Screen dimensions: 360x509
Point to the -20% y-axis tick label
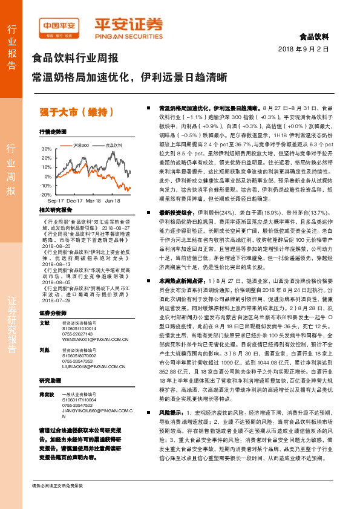[x=46, y=195]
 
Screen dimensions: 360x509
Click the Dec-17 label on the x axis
[x=74, y=200]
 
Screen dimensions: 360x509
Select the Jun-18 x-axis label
[x=112, y=200]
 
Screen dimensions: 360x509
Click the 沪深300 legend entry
[x=81, y=146]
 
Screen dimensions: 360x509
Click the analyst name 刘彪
[x=44, y=350]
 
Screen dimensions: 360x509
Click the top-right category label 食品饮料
[x=314, y=37]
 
